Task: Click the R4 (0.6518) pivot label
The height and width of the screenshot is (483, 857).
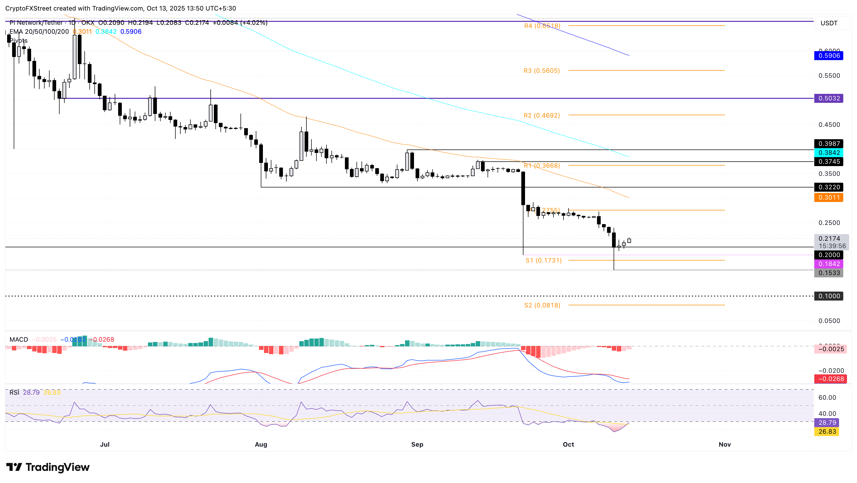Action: pos(542,26)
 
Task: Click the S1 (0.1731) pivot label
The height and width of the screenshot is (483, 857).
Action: pos(543,260)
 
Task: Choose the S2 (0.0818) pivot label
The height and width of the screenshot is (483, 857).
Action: pos(542,305)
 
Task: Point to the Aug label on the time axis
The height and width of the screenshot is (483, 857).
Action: pos(261,445)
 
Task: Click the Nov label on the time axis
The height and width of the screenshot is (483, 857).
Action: pos(725,445)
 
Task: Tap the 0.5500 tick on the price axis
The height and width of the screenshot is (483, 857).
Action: pos(829,75)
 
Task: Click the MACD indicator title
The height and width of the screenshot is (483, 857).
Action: pos(19,339)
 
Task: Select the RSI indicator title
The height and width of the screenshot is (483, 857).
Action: pos(14,393)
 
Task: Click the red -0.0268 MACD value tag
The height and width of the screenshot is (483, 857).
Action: pos(830,379)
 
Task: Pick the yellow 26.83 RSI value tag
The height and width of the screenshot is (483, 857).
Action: pos(827,431)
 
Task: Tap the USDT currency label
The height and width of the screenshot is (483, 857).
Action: pos(829,23)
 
